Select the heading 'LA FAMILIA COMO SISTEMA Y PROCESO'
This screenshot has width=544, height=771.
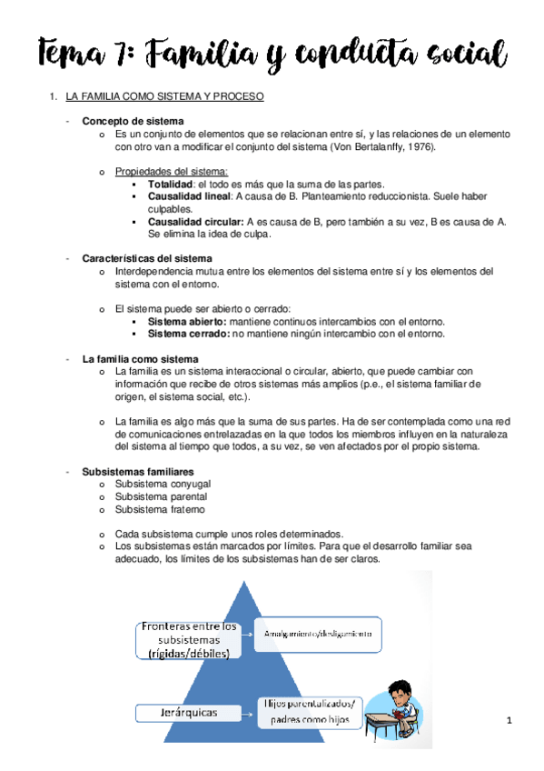(x=165, y=95)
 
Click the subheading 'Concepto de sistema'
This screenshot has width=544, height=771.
(x=133, y=121)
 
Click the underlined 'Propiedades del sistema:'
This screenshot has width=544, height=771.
(x=172, y=171)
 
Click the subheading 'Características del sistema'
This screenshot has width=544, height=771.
(x=147, y=258)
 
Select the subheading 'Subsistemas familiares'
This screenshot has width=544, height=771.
(x=137, y=472)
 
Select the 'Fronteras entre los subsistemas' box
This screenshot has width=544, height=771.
(x=189, y=639)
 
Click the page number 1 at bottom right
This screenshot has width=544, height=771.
(x=510, y=721)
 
